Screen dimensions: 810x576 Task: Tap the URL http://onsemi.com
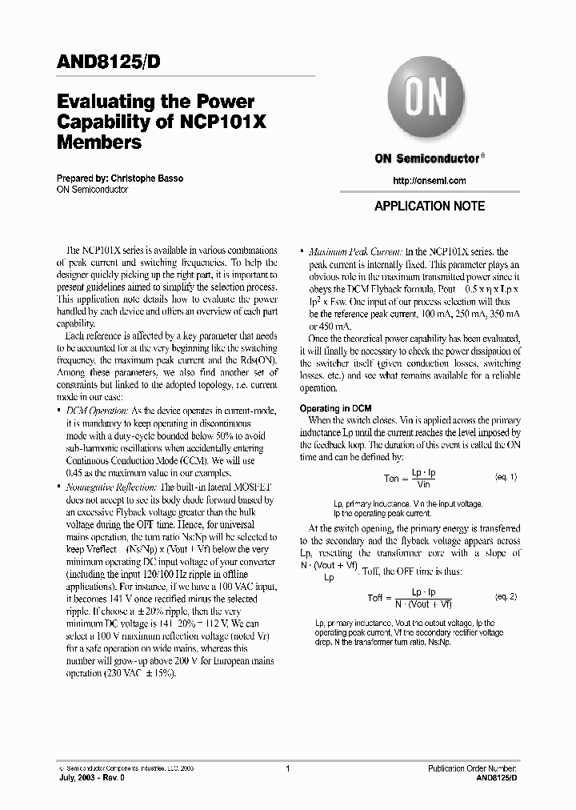(430, 181)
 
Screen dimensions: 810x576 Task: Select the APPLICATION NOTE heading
(430, 206)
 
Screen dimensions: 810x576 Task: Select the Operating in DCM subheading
(335, 408)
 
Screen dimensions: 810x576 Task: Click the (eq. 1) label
(506, 477)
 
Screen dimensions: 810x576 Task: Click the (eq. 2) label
(506, 597)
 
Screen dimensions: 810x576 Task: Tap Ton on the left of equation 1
(391, 479)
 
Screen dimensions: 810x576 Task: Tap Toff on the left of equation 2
(376, 599)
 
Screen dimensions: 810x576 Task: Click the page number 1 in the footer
(287, 768)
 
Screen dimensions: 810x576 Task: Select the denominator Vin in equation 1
(423, 484)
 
